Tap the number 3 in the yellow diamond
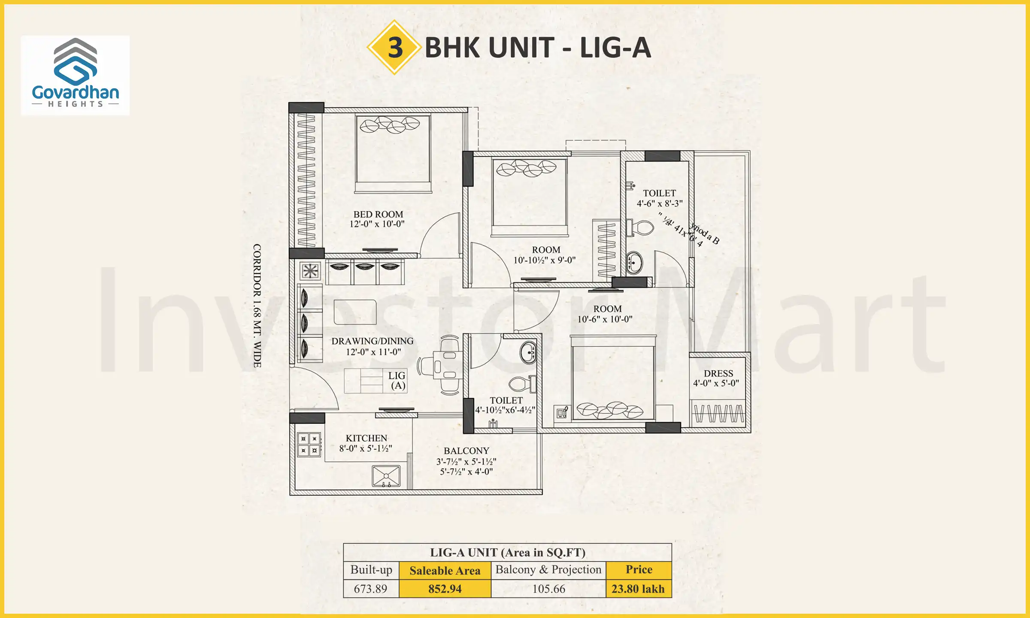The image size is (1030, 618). [x=395, y=47]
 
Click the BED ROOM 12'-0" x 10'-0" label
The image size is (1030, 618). [x=378, y=219]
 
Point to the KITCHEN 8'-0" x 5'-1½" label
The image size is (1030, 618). [x=366, y=443]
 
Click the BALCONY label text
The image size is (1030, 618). [x=467, y=451]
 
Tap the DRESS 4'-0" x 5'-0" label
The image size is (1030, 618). [x=718, y=378]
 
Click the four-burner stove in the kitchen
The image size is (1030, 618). [x=309, y=445]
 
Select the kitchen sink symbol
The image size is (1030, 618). [x=386, y=476]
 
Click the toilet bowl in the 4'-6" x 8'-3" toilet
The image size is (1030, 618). [x=642, y=228]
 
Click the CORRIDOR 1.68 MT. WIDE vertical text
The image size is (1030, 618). [x=257, y=306]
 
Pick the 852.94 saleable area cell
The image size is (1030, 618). [x=445, y=588]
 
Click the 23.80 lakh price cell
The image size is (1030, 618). [x=638, y=588]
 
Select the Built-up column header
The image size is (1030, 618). [x=371, y=570]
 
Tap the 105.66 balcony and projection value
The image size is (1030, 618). [x=548, y=588]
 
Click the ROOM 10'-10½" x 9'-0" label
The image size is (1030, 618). [x=545, y=255]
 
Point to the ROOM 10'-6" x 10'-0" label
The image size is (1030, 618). [x=606, y=314]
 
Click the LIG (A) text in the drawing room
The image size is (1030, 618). [x=397, y=380]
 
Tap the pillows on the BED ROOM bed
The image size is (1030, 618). [x=390, y=125]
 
